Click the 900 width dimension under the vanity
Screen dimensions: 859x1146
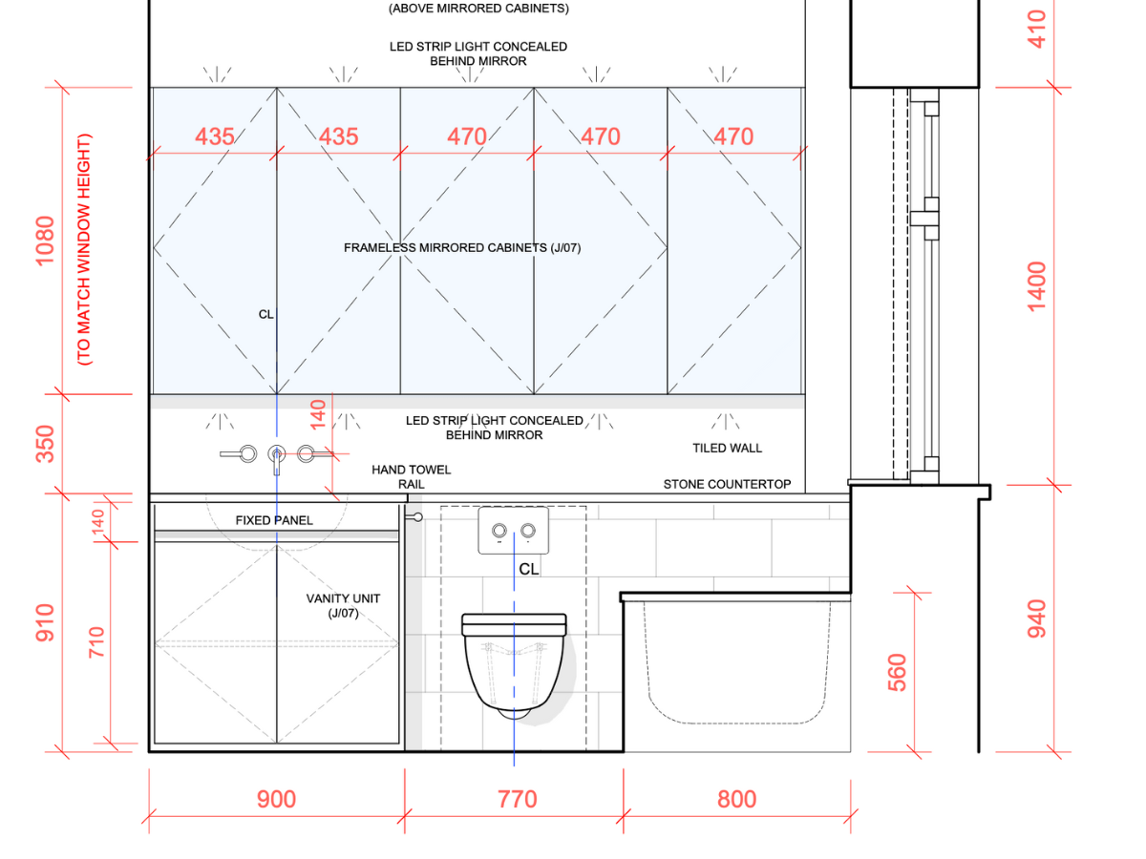pos(276,799)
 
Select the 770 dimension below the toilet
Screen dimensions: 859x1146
pos(517,799)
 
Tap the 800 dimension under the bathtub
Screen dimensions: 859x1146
pos(736,799)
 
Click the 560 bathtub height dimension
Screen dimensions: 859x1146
pos(898,672)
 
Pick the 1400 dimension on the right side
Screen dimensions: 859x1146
pos(1037,285)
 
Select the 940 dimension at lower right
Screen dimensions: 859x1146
pos(1037,618)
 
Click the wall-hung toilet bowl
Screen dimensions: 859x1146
pos(514,663)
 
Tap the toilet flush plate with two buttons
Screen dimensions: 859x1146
pos(513,531)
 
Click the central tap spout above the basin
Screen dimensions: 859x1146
pos(277,456)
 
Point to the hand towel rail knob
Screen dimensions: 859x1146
pos(417,516)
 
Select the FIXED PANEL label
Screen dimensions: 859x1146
pos(274,520)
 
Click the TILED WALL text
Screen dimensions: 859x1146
pos(727,448)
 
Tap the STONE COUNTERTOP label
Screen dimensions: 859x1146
pos(727,484)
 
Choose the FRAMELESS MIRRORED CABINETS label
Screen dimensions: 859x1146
pos(462,248)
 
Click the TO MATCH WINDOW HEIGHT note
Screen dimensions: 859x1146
pos(84,250)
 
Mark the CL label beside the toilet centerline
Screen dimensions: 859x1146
pos(529,569)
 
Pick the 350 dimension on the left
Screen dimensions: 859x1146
pos(46,444)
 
